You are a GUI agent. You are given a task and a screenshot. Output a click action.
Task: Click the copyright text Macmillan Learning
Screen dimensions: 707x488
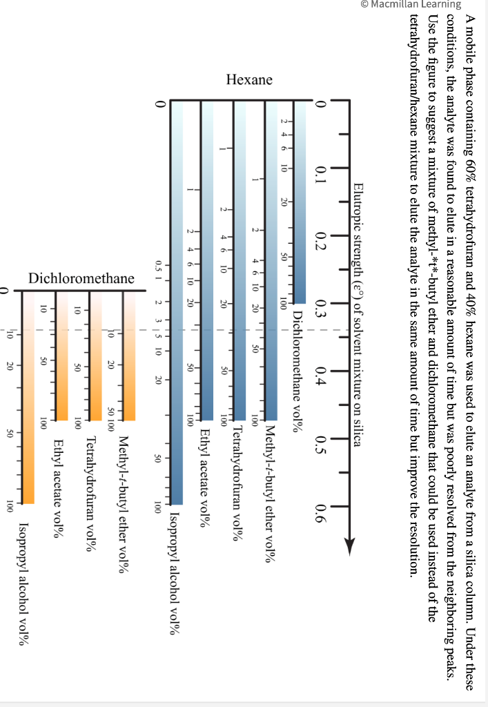(x=411, y=4)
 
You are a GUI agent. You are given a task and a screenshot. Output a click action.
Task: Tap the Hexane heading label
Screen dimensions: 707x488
(x=249, y=80)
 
